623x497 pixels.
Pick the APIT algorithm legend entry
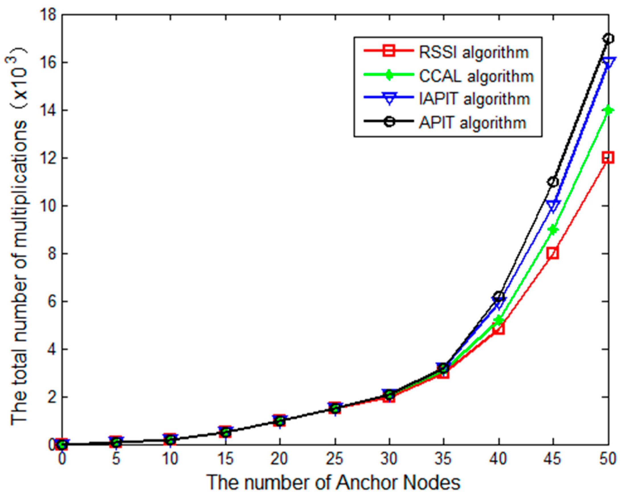pos(473,123)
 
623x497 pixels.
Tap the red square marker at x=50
pos(608,158)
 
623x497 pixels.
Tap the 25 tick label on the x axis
pos(335,459)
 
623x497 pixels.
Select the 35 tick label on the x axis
pos(444,459)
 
